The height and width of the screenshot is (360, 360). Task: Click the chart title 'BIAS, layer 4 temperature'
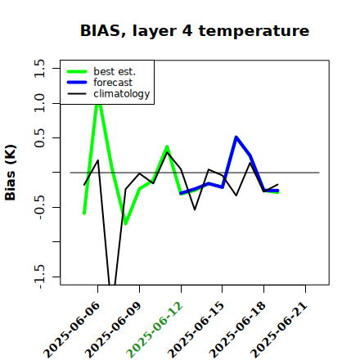click(x=195, y=31)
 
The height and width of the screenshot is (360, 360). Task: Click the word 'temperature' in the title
click(x=254, y=31)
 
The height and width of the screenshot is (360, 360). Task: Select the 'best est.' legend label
click(x=115, y=71)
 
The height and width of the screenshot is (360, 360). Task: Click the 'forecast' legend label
click(x=113, y=83)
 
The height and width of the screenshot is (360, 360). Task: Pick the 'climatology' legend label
click(x=122, y=94)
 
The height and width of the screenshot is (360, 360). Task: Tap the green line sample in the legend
click(x=77, y=71)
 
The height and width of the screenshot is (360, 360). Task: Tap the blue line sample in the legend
click(x=77, y=83)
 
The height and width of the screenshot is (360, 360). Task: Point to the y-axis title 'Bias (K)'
click(x=11, y=173)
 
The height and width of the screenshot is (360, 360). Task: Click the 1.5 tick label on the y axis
click(x=39, y=68)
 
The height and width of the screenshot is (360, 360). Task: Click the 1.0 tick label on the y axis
click(x=39, y=103)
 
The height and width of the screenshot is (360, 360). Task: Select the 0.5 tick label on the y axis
click(x=39, y=137)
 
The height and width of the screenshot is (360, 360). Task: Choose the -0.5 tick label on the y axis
click(x=39, y=207)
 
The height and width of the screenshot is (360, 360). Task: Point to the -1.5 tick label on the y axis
click(x=39, y=277)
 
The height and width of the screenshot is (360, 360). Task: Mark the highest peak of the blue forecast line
click(x=236, y=137)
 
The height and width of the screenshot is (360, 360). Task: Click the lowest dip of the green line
click(x=126, y=223)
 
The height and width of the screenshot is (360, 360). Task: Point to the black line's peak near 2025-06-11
click(x=167, y=152)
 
